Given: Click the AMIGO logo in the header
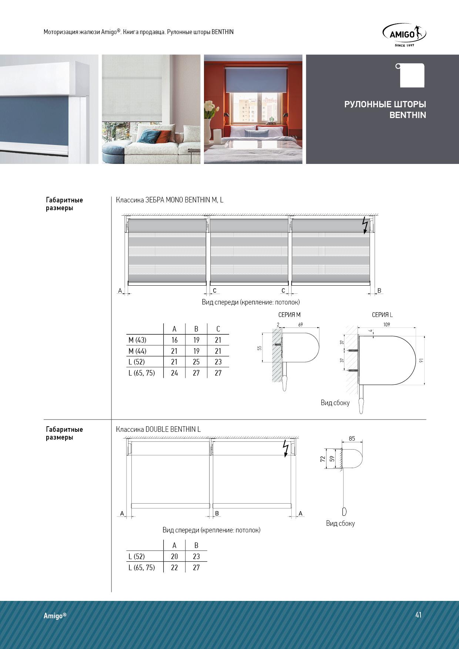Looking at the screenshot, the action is point(404,35).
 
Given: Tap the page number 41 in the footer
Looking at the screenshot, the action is point(418,615).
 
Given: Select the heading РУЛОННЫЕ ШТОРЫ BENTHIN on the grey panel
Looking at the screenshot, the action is point(385,110).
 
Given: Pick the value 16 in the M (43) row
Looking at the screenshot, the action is point(174,340).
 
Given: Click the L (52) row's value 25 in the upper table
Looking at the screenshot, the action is point(196,362).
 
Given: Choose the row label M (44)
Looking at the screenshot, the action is point(137,351).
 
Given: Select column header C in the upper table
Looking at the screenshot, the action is point(218,329).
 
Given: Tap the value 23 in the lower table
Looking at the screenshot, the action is point(196,556).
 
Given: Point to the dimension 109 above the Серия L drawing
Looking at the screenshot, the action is point(386,324).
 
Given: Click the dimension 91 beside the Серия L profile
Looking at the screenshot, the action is point(421,360).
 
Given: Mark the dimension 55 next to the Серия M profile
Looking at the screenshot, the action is point(259,348).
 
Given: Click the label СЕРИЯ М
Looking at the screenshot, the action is point(289,315).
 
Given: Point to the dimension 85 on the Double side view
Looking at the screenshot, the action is point(352,438).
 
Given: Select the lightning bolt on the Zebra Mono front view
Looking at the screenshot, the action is point(365,225).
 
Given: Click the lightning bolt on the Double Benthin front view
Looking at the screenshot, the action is point(285,448).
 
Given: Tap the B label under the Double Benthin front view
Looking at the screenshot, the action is point(217,513).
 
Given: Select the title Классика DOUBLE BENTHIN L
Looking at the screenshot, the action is point(158,429).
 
